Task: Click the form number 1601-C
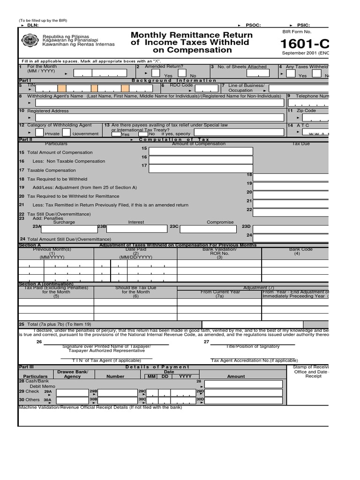305,44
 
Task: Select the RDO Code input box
196,88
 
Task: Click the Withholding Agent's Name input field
159,103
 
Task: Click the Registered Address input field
159,118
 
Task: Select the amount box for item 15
201,151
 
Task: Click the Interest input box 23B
137,228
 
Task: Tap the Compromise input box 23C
208,228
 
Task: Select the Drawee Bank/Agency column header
72,374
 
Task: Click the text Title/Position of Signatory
253,346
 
